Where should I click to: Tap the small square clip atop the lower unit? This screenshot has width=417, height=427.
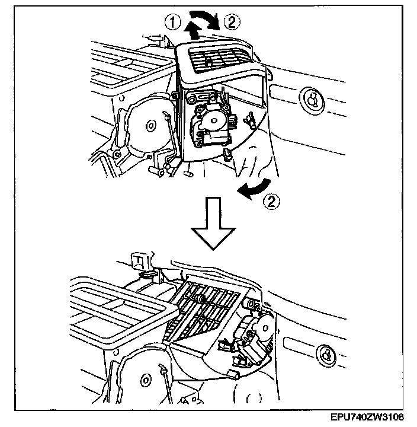(139, 259)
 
